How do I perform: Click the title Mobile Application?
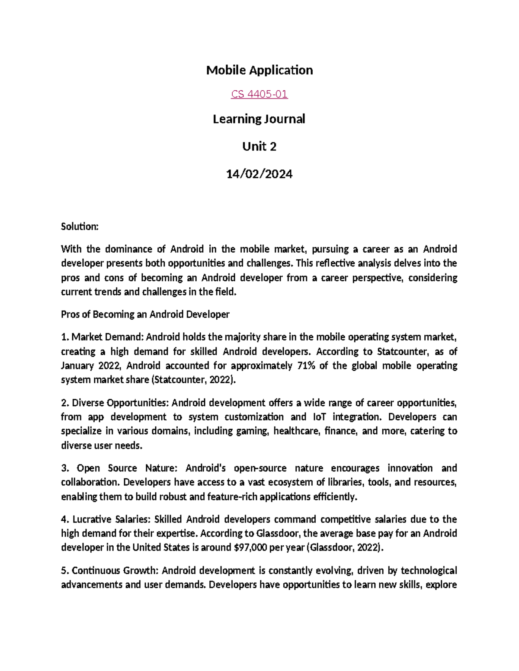(x=259, y=70)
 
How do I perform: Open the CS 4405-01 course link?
(x=259, y=94)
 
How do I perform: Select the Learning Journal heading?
(x=259, y=119)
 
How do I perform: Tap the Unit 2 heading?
(x=259, y=146)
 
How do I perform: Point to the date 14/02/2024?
(x=259, y=174)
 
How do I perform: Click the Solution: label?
(x=80, y=226)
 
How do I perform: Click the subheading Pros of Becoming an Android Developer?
(x=145, y=314)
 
